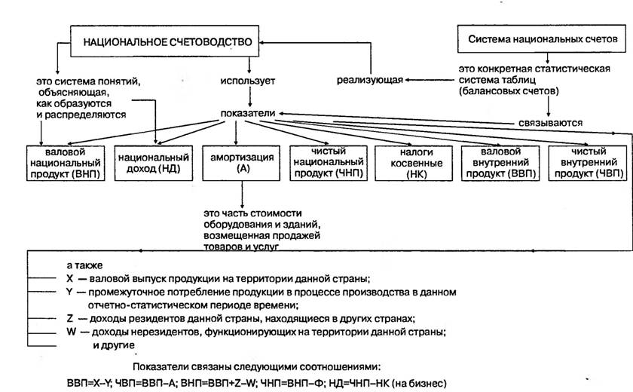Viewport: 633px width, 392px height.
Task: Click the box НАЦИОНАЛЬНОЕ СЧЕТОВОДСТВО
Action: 165,41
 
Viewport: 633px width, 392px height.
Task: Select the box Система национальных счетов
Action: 541,38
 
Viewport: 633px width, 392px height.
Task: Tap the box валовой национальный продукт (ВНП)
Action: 66,163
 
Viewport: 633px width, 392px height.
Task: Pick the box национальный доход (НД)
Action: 154,163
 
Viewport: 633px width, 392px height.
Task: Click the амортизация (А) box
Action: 241,163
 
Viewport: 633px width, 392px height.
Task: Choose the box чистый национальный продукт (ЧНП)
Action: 329,163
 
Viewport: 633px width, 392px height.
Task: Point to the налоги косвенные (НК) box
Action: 414,163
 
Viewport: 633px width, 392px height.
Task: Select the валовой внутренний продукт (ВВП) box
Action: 500,163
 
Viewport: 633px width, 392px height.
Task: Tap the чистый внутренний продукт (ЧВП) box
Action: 588,163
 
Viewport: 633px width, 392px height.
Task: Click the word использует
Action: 247,81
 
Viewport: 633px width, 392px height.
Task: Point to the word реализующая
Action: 370,80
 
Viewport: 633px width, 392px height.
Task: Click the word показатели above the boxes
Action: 247,113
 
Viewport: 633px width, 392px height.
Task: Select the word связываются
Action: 551,123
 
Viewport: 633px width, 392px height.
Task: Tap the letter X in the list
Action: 70,279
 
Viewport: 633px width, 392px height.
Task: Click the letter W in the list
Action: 71,332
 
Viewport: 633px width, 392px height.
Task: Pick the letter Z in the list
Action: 70,319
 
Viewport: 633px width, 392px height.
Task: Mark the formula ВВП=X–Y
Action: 88,383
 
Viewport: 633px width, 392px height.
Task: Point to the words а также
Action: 84,265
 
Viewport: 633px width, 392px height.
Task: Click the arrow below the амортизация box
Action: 242,194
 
